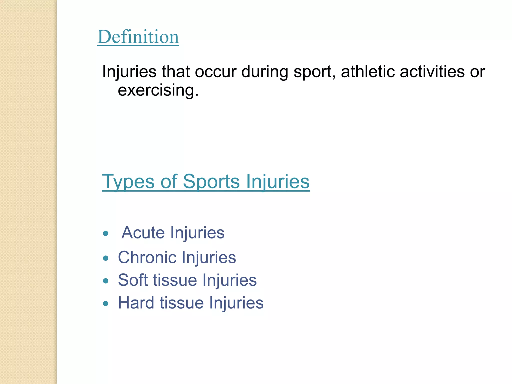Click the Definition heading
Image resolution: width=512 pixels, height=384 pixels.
click(x=138, y=37)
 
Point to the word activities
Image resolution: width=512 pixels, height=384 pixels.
click(x=432, y=71)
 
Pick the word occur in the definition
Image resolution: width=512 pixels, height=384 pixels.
click(x=215, y=72)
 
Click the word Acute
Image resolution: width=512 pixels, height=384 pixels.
click(x=143, y=233)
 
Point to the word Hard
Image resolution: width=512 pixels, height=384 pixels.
click(x=136, y=303)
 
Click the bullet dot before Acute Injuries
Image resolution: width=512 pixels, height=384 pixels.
click(x=106, y=233)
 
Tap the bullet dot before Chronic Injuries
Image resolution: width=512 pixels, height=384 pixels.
click(x=106, y=258)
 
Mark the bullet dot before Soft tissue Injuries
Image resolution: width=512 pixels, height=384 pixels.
click(x=106, y=281)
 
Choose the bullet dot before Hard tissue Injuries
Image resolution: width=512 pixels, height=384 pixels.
click(x=106, y=303)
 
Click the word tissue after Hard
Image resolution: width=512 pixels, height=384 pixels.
click(x=182, y=303)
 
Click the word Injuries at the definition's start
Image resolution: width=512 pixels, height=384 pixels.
click(x=129, y=72)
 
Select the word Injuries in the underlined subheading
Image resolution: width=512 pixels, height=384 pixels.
click(x=278, y=182)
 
